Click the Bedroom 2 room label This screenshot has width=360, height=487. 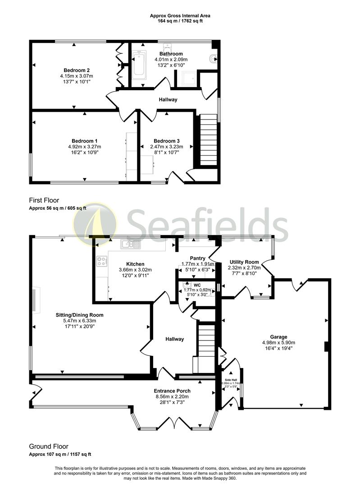[x=77, y=70]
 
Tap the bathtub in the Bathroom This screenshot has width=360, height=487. [x=139, y=65]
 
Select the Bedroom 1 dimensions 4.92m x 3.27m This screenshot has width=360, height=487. [x=85, y=147]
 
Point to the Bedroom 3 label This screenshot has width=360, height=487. [x=166, y=141]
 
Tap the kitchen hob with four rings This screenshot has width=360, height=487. [x=102, y=261]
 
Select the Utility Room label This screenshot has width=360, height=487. [x=244, y=262]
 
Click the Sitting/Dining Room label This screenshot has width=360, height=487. [x=80, y=315]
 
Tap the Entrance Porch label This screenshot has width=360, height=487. [x=172, y=391]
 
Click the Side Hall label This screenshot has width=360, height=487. [x=230, y=380]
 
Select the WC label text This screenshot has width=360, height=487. [x=197, y=285]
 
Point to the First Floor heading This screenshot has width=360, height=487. [x=44, y=200]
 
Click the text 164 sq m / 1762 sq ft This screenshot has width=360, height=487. [x=180, y=21]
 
